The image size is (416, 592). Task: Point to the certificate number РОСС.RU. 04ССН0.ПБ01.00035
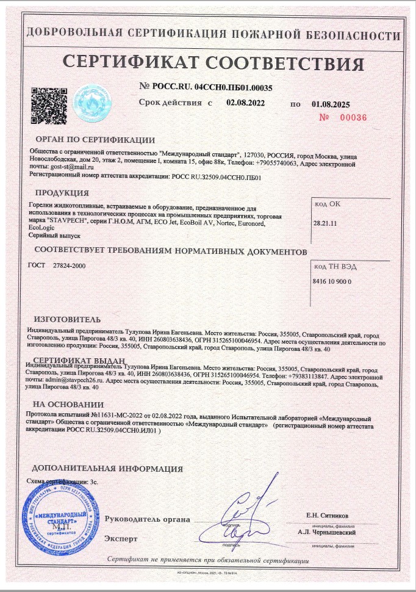(211, 87)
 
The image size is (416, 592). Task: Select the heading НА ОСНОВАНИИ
(68, 404)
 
